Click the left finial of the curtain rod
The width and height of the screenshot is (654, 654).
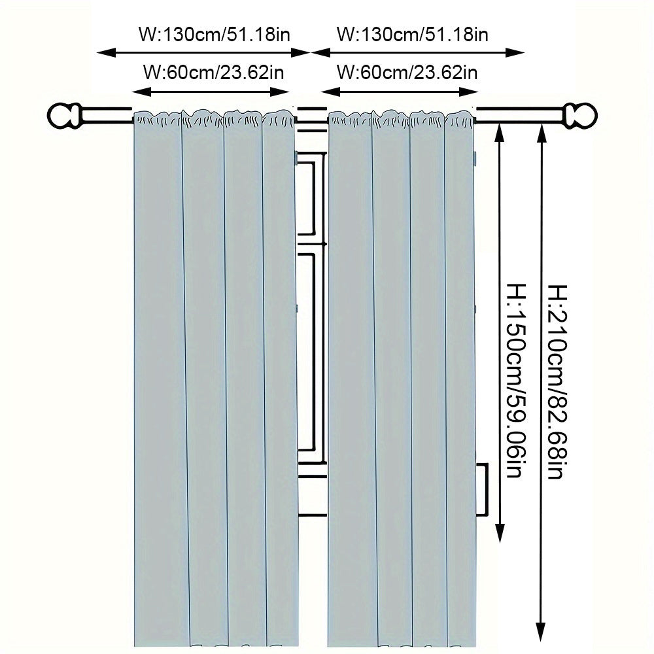64,116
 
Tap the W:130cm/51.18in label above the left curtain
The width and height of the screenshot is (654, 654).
215,34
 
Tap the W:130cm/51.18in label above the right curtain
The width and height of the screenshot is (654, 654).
412,34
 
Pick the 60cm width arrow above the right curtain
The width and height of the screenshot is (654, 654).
399,91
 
